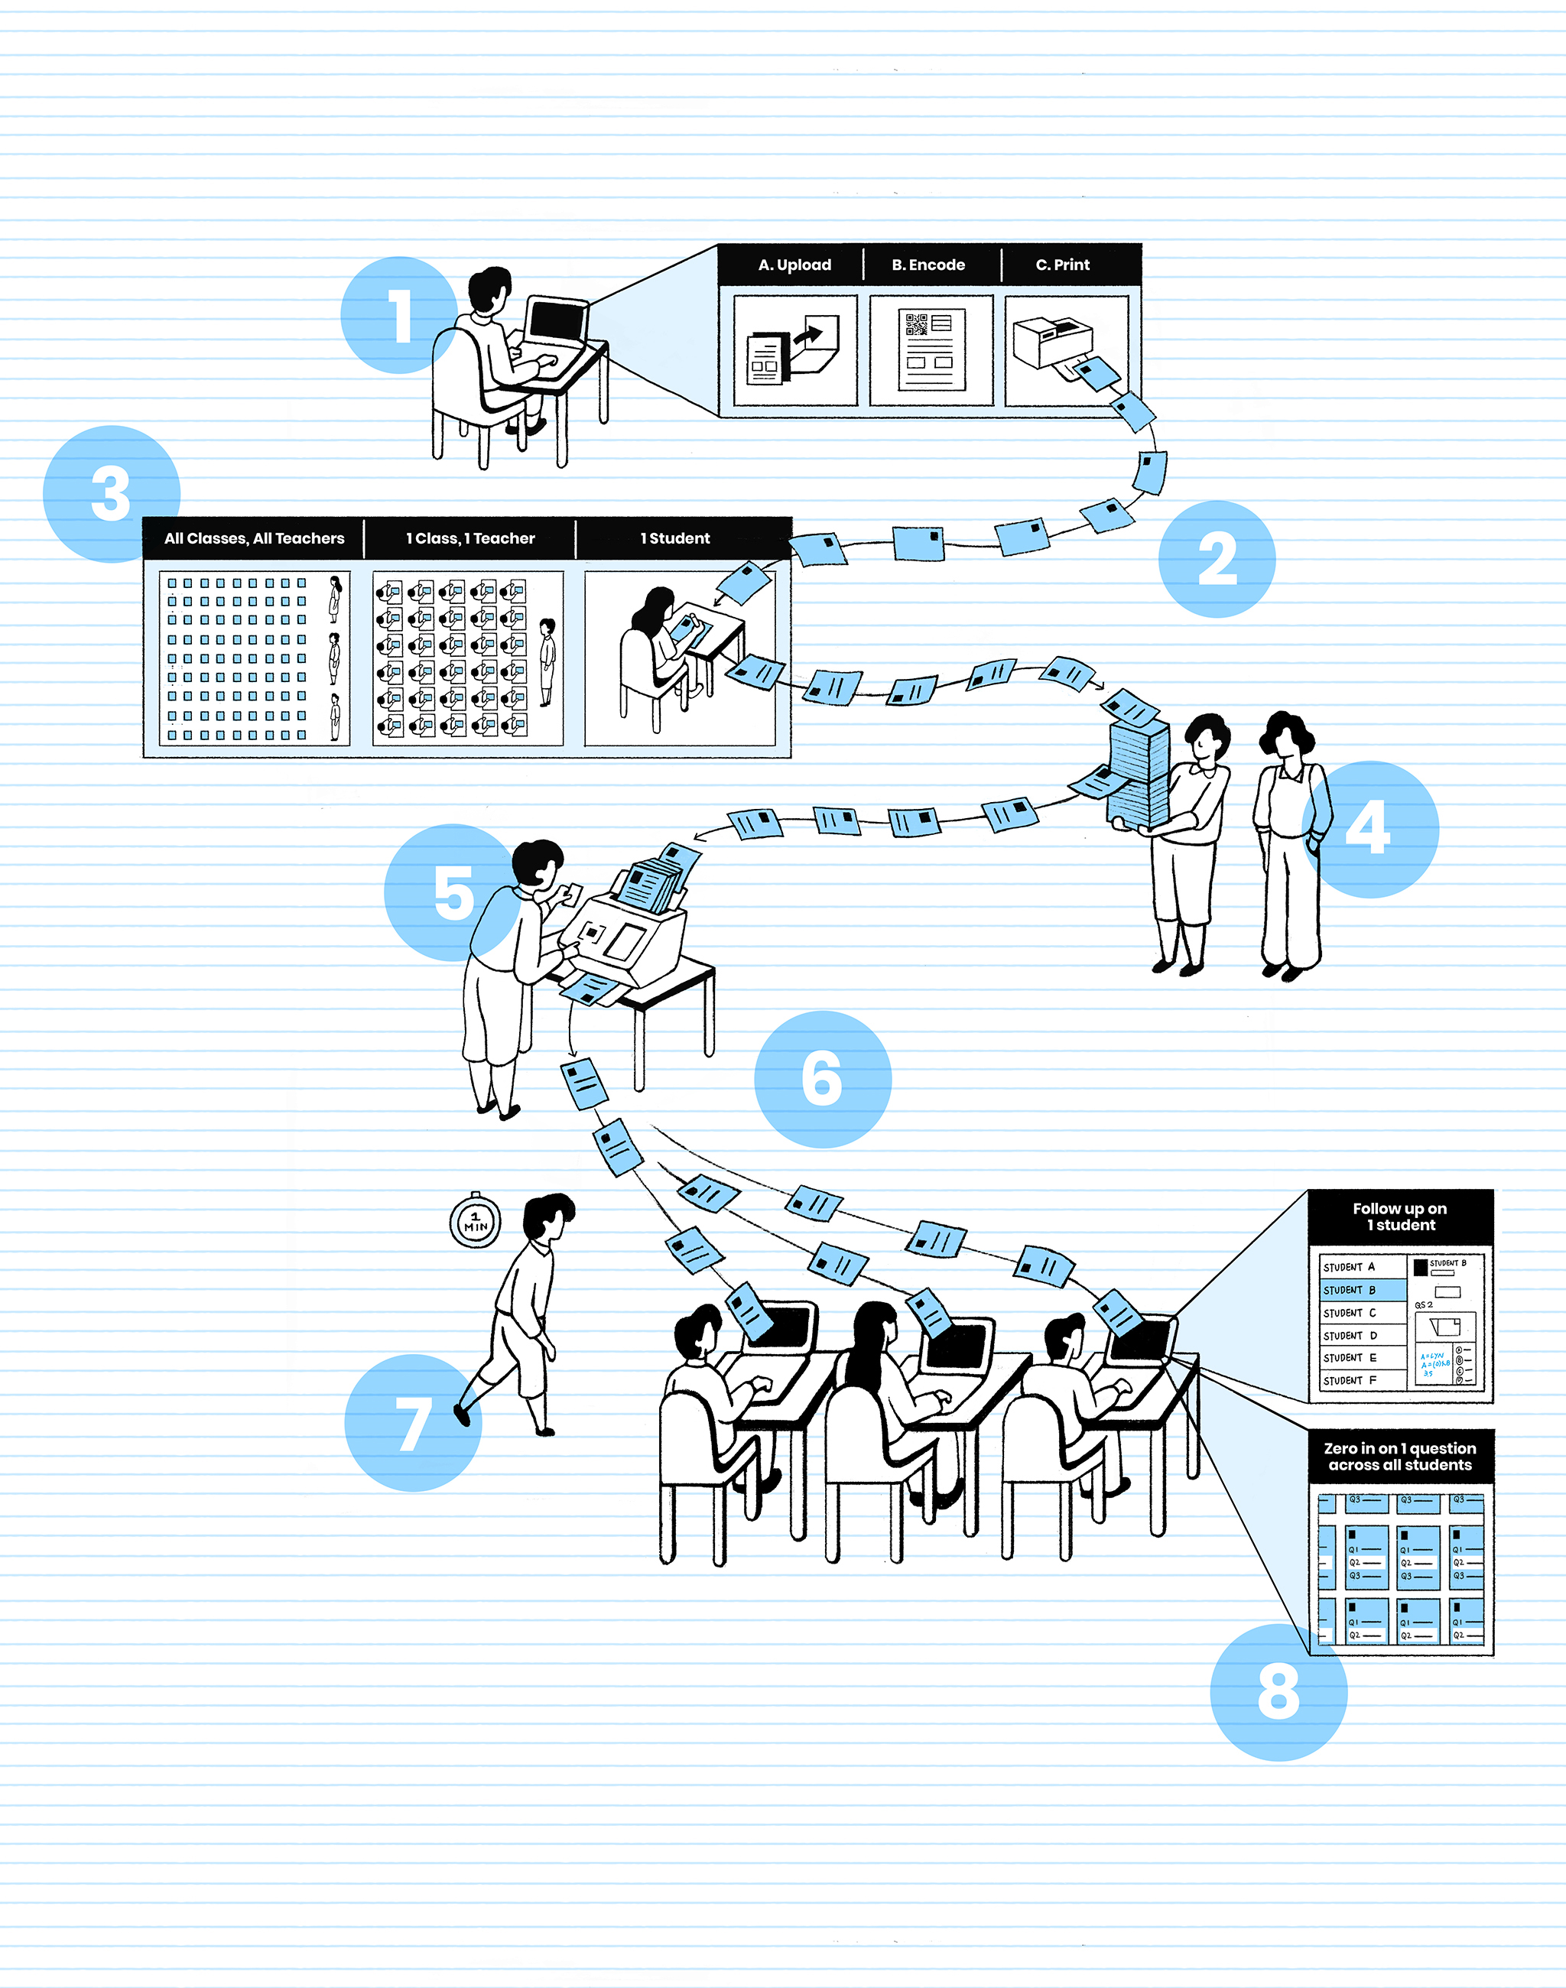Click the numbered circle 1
399,316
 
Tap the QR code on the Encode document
916,325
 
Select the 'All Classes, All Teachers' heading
254,538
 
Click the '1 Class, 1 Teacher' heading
470,538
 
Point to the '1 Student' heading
675,538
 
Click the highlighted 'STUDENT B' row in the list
1363,1290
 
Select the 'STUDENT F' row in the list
1363,1380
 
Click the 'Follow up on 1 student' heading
1399,1217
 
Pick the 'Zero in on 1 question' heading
1399,1456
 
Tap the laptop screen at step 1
557,321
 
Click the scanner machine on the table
623,935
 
